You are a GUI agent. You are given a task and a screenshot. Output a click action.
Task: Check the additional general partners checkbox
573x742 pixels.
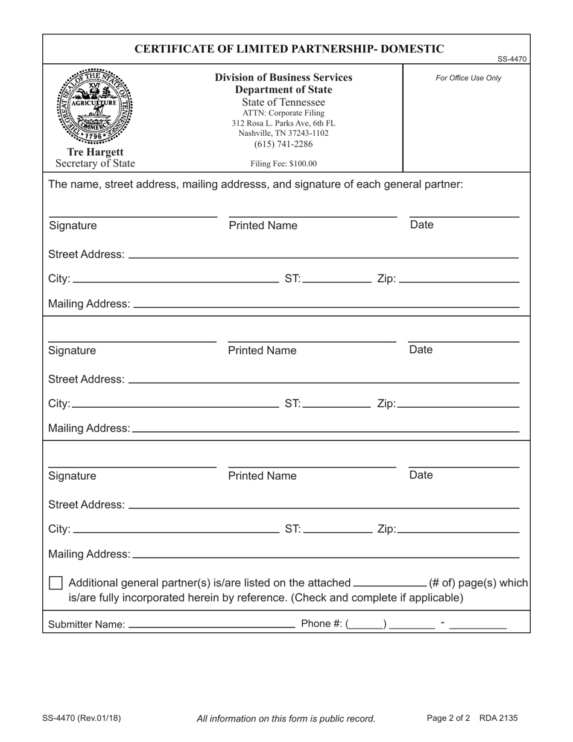[x=55, y=583]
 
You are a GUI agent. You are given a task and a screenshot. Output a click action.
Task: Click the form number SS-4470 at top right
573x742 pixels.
[x=512, y=59]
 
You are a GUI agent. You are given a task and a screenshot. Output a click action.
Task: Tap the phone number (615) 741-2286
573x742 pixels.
[x=283, y=144]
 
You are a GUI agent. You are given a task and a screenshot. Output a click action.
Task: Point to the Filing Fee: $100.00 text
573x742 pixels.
[x=283, y=163]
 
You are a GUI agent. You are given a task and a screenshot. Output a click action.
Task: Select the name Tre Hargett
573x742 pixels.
[x=95, y=152]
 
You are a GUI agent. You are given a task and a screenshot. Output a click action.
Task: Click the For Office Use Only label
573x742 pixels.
[x=468, y=78]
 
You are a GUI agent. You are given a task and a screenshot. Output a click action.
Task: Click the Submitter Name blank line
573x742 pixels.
[x=212, y=624]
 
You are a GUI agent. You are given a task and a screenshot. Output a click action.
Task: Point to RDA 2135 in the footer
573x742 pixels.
[x=498, y=718]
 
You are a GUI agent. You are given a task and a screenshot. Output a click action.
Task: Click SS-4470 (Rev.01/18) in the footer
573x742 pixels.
[x=81, y=718]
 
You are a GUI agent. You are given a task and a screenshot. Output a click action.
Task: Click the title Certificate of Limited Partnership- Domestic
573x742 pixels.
[x=289, y=49]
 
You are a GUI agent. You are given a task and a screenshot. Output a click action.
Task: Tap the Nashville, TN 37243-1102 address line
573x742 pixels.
[x=283, y=133]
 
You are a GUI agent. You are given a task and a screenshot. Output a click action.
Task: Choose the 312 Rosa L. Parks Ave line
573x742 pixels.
[x=283, y=123]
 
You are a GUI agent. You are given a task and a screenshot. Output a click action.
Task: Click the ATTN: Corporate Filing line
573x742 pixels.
[x=283, y=113]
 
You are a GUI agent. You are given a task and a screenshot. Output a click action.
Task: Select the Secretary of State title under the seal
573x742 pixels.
[x=95, y=163]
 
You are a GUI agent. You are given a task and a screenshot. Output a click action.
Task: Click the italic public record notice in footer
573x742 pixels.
[x=286, y=718]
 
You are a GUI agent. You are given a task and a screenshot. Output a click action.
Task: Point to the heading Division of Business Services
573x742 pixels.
[x=283, y=78]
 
